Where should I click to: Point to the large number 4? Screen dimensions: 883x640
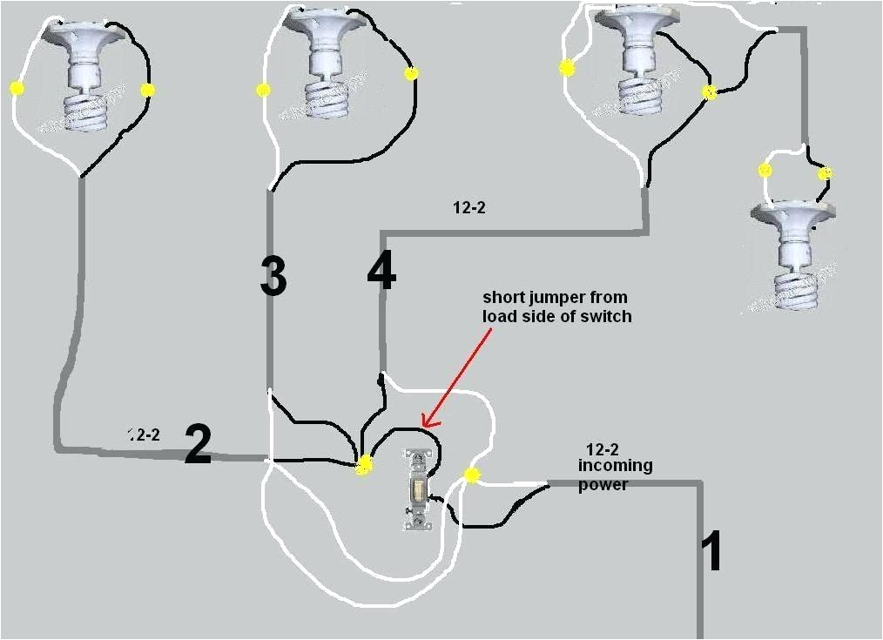[381, 272]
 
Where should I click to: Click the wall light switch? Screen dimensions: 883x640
[417, 489]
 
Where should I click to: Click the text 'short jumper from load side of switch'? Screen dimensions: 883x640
[556, 307]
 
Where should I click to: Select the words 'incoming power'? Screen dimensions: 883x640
[615, 475]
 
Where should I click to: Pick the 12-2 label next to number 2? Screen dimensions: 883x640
[144, 434]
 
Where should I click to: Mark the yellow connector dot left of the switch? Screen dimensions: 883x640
[364, 466]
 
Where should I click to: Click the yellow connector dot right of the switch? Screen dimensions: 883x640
[471, 475]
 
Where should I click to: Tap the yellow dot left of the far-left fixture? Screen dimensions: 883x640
[16, 88]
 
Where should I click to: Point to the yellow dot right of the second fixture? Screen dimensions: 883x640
[411, 74]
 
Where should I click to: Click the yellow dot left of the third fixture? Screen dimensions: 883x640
[568, 68]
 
